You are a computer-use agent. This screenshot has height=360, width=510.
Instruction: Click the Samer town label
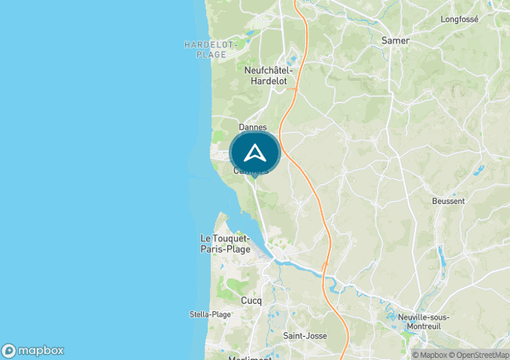point(396,41)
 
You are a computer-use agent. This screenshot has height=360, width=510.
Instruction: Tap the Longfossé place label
point(459,19)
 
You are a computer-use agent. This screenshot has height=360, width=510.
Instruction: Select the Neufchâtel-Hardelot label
point(269,75)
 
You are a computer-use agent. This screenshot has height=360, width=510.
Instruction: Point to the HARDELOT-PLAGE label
point(211,50)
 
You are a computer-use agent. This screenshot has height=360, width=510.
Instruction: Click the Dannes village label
point(253,127)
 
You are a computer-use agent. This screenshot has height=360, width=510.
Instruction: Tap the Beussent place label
point(448,200)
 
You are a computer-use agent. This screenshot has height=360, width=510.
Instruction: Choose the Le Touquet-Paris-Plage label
point(225,244)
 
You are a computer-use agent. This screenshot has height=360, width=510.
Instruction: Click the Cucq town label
point(251,300)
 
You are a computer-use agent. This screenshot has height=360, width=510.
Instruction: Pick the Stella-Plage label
point(210,314)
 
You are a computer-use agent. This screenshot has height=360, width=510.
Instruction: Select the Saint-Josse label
point(305,335)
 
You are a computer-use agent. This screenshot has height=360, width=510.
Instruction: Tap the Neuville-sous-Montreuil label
point(424,321)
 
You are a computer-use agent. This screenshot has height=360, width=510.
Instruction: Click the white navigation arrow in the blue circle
point(254,153)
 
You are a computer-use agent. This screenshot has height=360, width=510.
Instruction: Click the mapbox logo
point(33,351)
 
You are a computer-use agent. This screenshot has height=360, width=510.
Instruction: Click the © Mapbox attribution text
point(430,355)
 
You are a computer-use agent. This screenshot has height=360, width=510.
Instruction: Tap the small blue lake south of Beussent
point(441,255)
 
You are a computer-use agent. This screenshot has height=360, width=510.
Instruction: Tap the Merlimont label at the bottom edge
point(249,357)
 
